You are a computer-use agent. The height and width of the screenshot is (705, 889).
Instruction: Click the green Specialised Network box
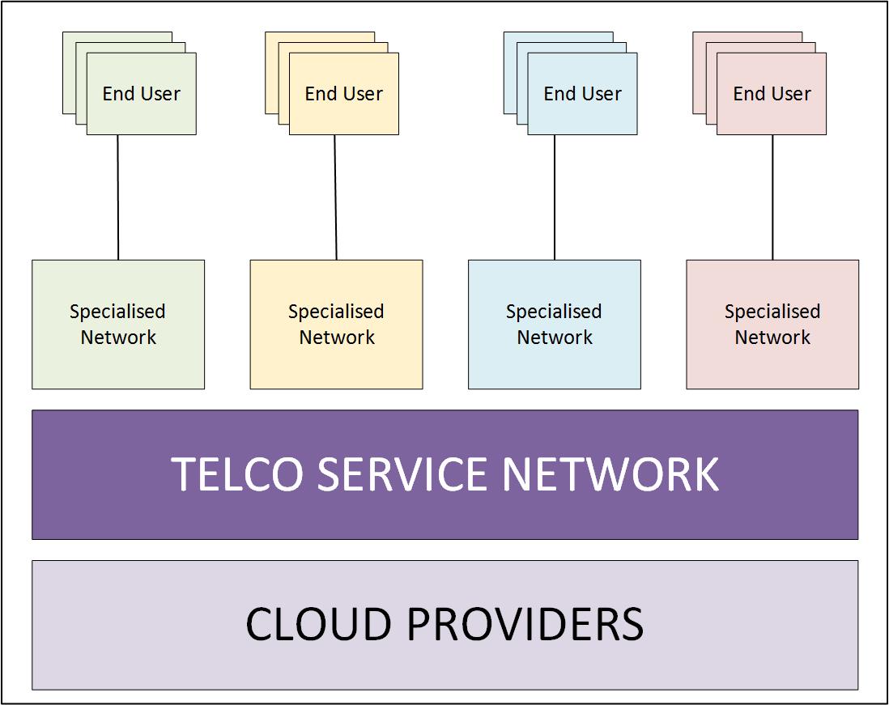(118, 324)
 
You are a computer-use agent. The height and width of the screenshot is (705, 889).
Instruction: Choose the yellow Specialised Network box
(336, 324)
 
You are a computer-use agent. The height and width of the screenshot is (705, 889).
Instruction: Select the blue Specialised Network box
(555, 324)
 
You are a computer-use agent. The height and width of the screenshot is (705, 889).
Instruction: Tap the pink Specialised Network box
(772, 324)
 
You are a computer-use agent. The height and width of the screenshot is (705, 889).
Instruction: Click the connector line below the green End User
(118, 197)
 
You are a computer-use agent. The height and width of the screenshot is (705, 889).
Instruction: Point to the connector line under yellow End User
(336, 197)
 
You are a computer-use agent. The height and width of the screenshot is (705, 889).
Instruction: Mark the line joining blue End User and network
(555, 197)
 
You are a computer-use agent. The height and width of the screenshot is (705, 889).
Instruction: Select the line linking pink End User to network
(772, 197)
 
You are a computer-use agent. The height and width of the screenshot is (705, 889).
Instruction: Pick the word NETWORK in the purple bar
(610, 474)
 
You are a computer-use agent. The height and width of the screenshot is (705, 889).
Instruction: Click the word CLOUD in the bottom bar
(313, 625)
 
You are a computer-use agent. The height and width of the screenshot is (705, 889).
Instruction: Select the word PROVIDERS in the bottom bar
(524, 625)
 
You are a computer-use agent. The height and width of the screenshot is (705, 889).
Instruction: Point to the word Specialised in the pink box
(772, 312)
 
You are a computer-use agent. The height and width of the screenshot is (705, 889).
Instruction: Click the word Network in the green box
(118, 338)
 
